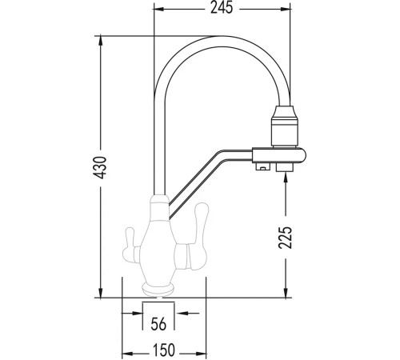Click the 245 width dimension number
coord(222,8)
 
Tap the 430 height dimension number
coord(101,167)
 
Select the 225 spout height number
coord(286,238)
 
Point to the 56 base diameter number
coord(158,324)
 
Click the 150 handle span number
coord(164,350)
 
